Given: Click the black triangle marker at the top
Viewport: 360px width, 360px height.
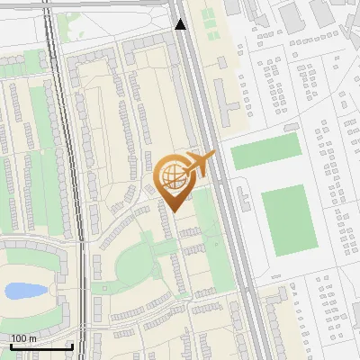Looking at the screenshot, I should pos(180,24).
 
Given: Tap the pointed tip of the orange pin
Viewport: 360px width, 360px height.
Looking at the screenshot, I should pos(172,210).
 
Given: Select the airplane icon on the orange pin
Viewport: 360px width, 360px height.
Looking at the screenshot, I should pos(200,164).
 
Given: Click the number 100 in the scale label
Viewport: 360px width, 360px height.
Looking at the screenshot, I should pos(18,338).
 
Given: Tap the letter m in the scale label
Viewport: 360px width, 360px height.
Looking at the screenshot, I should pos(31,338).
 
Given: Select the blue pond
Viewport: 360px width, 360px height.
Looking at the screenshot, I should pos(24,291).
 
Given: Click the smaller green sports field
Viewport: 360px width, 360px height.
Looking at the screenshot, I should pos(265,152).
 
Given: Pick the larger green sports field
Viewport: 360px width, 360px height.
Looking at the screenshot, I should pos(290,220).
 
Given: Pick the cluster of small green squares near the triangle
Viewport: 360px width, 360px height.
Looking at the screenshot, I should pos(209,20).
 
